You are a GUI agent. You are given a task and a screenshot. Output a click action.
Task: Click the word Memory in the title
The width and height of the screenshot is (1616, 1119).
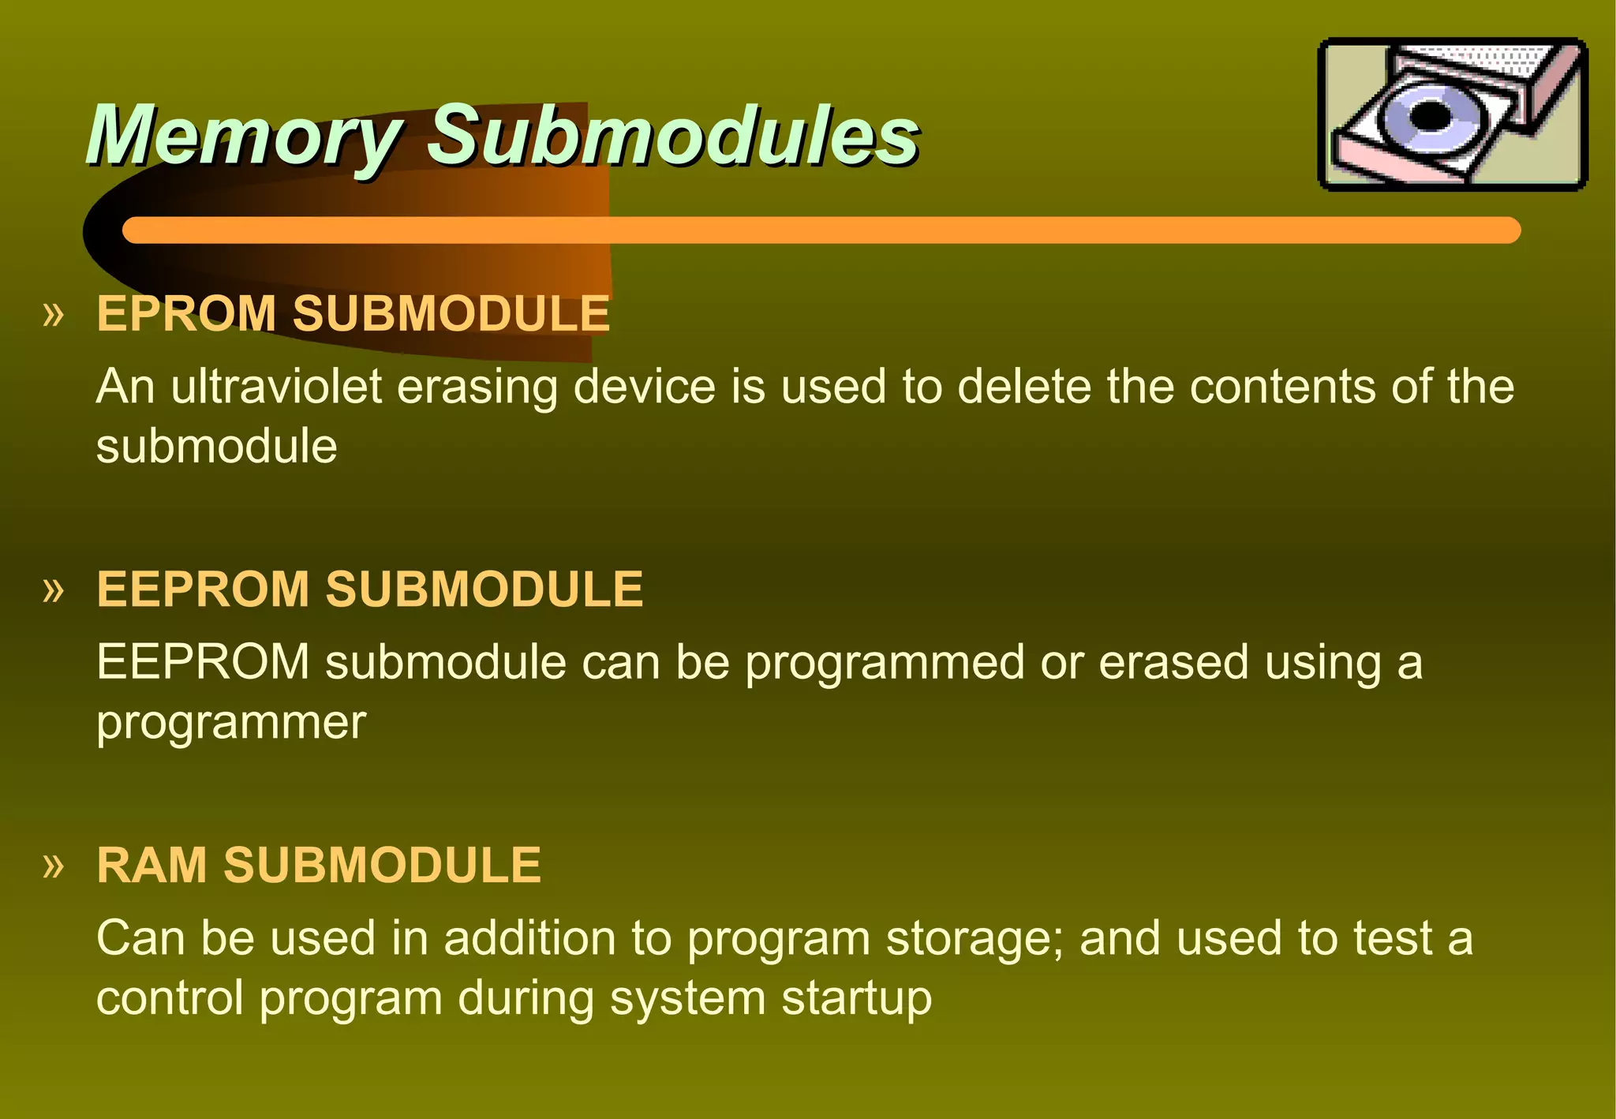pos(245,136)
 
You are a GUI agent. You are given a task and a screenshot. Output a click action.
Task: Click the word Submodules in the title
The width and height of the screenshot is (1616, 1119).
pos(673,136)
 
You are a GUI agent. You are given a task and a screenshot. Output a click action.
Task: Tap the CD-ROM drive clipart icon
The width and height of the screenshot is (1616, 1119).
pos(1453,114)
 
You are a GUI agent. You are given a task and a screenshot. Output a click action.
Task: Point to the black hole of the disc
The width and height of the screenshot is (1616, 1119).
pos(1430,116)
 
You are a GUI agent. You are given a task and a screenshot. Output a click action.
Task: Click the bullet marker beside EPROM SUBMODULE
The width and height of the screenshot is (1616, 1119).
pos(53,315)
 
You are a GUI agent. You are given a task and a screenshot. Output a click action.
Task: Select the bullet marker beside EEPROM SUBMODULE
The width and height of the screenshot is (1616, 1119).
pos(53,590)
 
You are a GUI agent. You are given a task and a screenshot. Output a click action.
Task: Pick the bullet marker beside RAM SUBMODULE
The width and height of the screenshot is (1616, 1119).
pos(53,866)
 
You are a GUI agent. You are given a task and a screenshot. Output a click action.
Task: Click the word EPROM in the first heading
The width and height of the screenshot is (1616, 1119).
pos(186,313)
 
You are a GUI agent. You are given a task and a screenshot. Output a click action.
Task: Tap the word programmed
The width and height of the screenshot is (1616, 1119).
pos(885,663)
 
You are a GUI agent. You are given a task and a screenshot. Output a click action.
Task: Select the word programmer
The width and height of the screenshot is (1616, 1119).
pos(231,723)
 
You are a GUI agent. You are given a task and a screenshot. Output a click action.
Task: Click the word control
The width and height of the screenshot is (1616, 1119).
pos(170,998)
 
